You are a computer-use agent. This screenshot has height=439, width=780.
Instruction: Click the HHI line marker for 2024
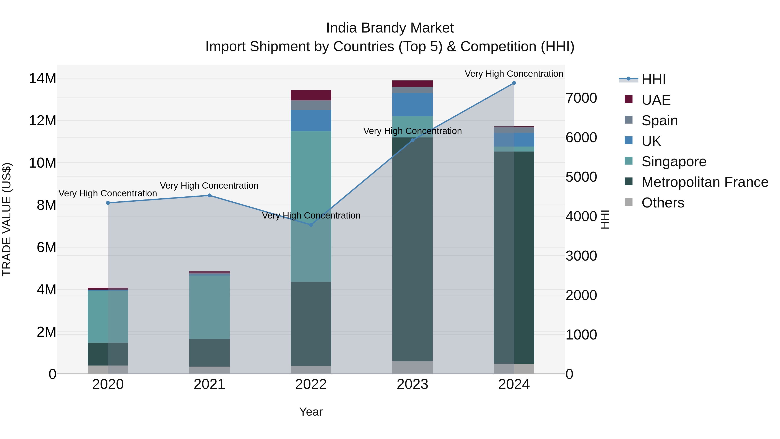pyautogui.click(x=514, y=83)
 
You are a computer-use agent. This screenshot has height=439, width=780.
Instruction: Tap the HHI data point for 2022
pyautogui.click(x=311, y=225)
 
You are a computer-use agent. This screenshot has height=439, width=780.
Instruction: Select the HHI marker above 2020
pyautogui.click(x=108, y=203)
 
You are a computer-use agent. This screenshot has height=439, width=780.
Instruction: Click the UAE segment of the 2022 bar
pyautogui.click(x=311, y=95)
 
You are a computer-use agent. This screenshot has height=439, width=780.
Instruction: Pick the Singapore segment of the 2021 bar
pyautogui.click(x=209, y=307)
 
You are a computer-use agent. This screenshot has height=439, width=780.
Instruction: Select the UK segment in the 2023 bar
pyautogui.click(x=412, y=104)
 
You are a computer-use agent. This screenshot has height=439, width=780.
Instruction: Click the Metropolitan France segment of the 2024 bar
pyautogui.click(x=514, y=258)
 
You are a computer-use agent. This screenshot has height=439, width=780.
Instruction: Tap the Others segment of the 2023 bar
pyautogui.click(x=412, y=367)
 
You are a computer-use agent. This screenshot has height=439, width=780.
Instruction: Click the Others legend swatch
pyautogui.click(x=629, y=202)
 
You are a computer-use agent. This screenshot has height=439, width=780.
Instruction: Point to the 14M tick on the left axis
pyautogui.click(x=42, y=78)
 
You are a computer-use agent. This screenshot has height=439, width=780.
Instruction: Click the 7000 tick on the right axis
pyautogui.click(x=581, y=98)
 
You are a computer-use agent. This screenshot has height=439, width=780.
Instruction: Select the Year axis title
pyautogui.click(x=311, y=412)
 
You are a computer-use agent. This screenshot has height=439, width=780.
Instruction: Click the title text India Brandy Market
pyautogui.click(x=390, y=28)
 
